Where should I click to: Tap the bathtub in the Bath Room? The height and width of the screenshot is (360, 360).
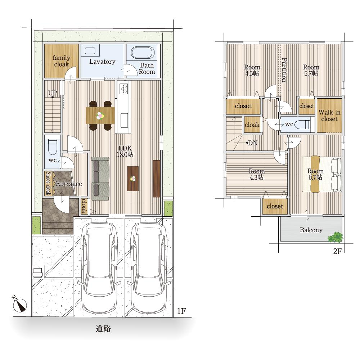(x=143, y=53)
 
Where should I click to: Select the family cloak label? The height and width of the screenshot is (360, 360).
(x=61, y=61)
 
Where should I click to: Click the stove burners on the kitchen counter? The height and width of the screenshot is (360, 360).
(x=124, y=89)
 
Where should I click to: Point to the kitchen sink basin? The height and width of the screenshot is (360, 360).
(x=124, y=120)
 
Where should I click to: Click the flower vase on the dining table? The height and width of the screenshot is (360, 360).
(x=100, y=116)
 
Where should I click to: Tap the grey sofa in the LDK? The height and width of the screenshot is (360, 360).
(x=100, y=179)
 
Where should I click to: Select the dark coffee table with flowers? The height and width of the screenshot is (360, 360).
(x=133, y=179)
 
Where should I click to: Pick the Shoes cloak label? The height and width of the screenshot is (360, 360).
(x=48, y=183)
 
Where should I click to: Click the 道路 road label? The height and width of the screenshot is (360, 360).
(x=103, y=329)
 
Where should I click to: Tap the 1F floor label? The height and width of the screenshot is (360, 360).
(x=181, y=311)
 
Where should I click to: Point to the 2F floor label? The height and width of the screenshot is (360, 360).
(x=337, y=251)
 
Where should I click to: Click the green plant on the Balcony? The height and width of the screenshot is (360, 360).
(x=336, y=237)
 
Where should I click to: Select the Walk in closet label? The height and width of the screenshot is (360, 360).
(x=329, y=116)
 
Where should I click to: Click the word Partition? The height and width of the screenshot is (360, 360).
(x=284, y=70)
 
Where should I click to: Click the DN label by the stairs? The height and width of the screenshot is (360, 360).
(x=253, y=143)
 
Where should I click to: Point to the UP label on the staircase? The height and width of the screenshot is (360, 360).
(x=53, y=93)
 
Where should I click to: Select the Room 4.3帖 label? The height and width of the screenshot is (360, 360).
(x=257, y=174)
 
